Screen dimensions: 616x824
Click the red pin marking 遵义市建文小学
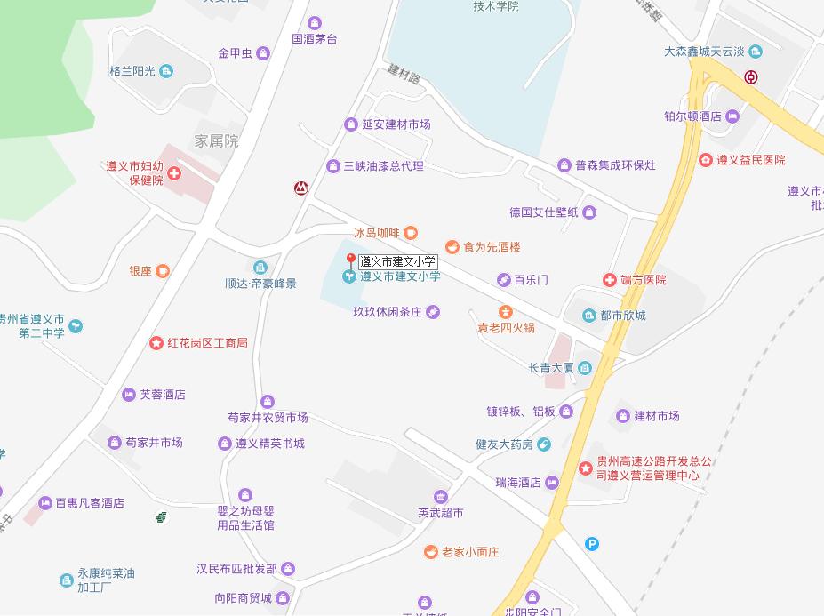pyautogui.click(x=351, y=260)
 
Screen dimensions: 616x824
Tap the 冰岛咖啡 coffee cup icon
pyautogui.click(x=411, y=233)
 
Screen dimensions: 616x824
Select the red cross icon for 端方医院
pyautogui.click(x=610, y=280)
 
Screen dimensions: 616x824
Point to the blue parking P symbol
pyautogui.click(x=592, y=544)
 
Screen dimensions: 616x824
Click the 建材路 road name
pyautogui.click(x=404, y=76)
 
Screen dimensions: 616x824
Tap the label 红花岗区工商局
pyautogui.click(x=207, y=343)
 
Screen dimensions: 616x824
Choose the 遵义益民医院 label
pyautogui.click(x=751, y=160)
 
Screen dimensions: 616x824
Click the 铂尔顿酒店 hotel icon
pyautogui.click(x=732, y=116)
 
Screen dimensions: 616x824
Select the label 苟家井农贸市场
pyautogui.click(x=268, y=418)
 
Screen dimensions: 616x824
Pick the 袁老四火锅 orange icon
pyautogui.click(x=505, y=311)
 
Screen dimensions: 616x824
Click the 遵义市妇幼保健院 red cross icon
pyautogui.click(x=174, y=172)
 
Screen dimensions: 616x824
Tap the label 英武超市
pyautogui.click(x=440, y=513)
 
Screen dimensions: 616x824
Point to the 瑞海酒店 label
pyautogui.click(x=518, y=483)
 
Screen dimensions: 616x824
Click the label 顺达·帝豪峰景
pyautogui.click(x=260, y=284)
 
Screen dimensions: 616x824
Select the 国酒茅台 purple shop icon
pyautogui.click(x=314, y=23)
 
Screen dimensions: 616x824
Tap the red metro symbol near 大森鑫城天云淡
pyautogui.click(x=751, y=76)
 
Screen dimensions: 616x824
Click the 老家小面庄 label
pyautogui.click(x=470, y=552)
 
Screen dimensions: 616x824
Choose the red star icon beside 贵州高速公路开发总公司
pyautogui.click(x=585, y=468)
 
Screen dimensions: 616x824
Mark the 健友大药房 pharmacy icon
pyautogui.click(x=544, y=444)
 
